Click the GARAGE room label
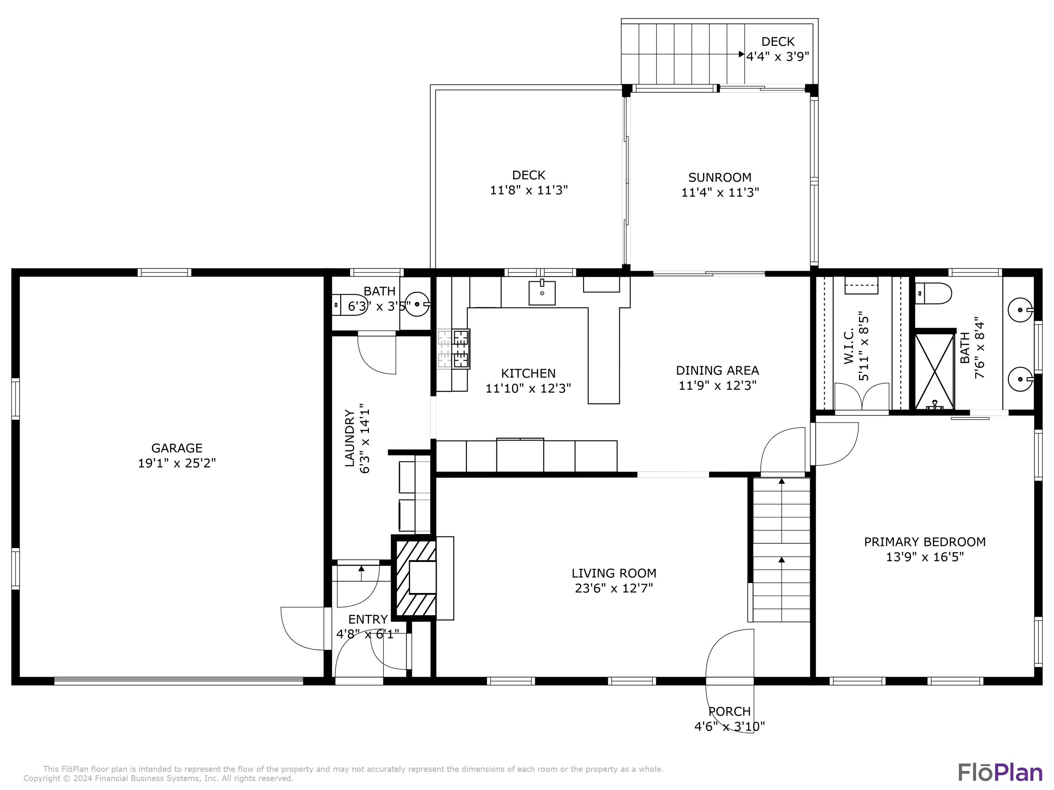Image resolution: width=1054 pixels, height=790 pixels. point(177,448)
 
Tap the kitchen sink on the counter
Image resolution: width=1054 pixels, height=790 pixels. point(542,292)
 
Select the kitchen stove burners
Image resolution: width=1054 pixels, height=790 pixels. point(454,349)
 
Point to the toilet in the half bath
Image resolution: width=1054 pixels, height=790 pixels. point(349,305)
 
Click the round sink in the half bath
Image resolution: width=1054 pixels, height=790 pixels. point(418,304)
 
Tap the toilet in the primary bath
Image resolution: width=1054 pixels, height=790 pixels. point(933,293)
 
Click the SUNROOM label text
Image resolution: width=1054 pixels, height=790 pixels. point(720,178)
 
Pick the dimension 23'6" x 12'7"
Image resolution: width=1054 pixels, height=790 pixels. point(614,588)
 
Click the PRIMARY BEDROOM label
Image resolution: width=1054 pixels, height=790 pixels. point(925,542)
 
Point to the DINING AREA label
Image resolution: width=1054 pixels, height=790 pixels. point(717,370)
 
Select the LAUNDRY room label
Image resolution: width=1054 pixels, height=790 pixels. point(350,438)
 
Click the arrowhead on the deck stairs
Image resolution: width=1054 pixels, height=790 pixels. point(741,54)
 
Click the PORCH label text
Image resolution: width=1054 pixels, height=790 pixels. point(729,711)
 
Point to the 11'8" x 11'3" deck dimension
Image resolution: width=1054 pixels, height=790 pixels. point(529,190)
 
